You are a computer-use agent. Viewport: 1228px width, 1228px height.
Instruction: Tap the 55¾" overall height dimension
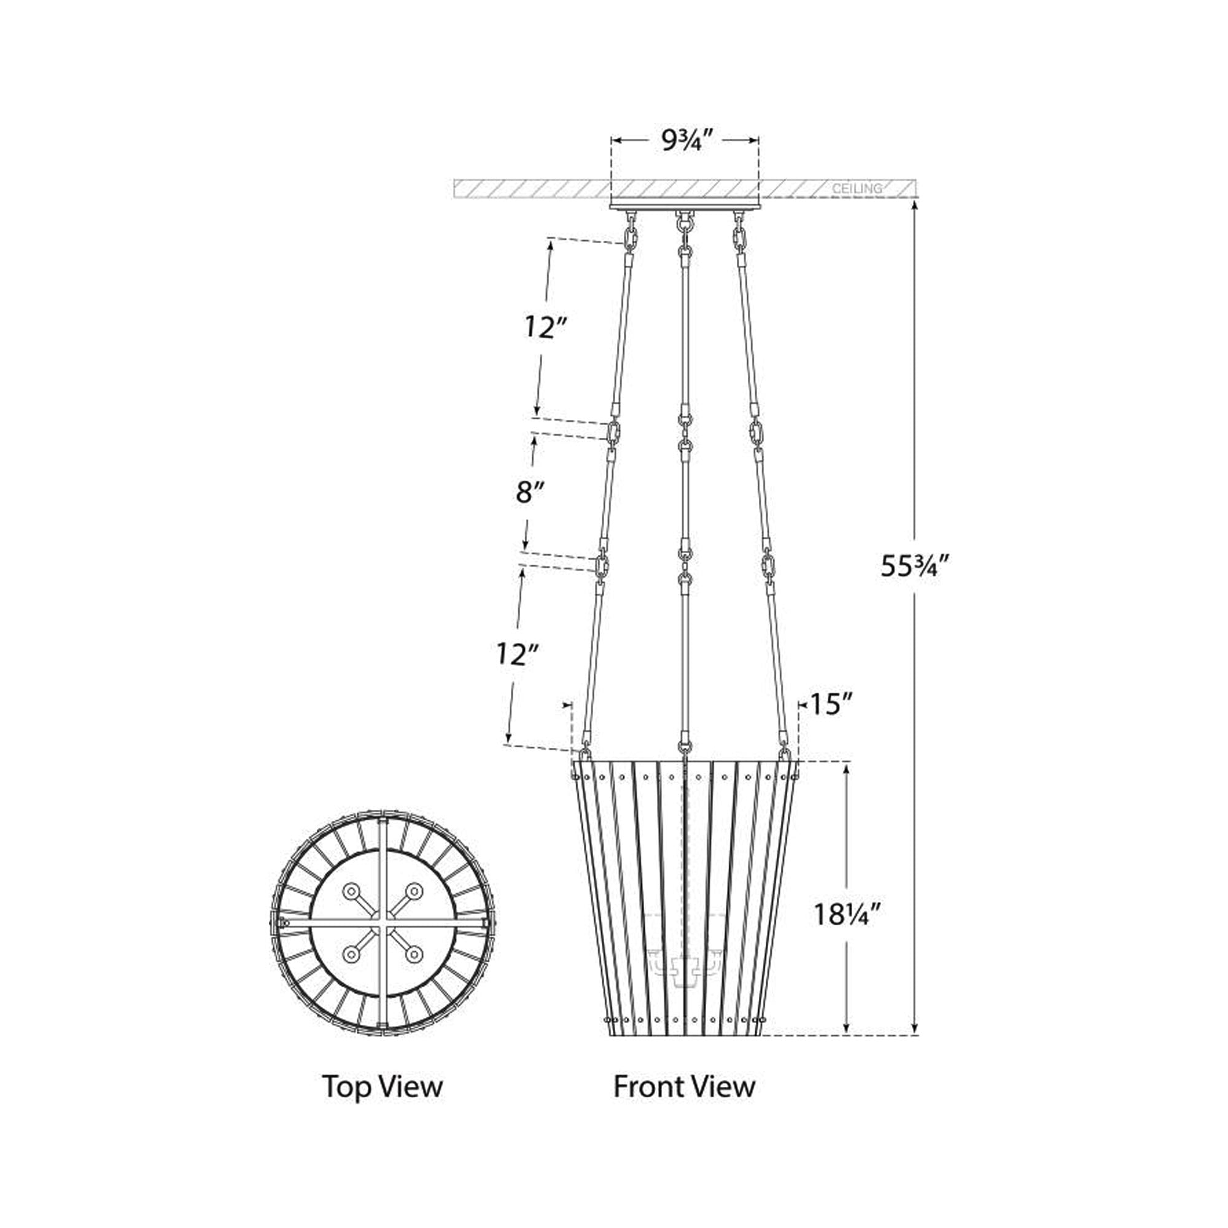click(x=914, y=565)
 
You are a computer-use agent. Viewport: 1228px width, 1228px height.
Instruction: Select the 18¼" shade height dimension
click(x=848, y=933)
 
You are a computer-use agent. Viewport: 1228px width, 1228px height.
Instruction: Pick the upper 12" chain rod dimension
click(x=545, y=327)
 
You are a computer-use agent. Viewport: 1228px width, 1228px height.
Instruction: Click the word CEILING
click(x=857, y=188)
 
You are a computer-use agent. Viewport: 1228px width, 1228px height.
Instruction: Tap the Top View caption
click(x=382, y=1086)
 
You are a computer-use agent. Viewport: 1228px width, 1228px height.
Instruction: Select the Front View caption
click(x=684, y=1086)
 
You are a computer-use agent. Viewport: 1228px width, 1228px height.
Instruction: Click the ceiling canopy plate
click(x=685, y=204)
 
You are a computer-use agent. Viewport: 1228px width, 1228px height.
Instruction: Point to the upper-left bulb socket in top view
click(x=351, y=892)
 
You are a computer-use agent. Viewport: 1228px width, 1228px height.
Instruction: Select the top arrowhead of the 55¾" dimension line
click(x=914, y=206)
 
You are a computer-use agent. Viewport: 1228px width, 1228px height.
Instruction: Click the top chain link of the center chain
click(x=684, y=223)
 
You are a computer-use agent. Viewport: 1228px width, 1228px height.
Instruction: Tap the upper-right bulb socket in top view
click(x=414, y=892)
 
